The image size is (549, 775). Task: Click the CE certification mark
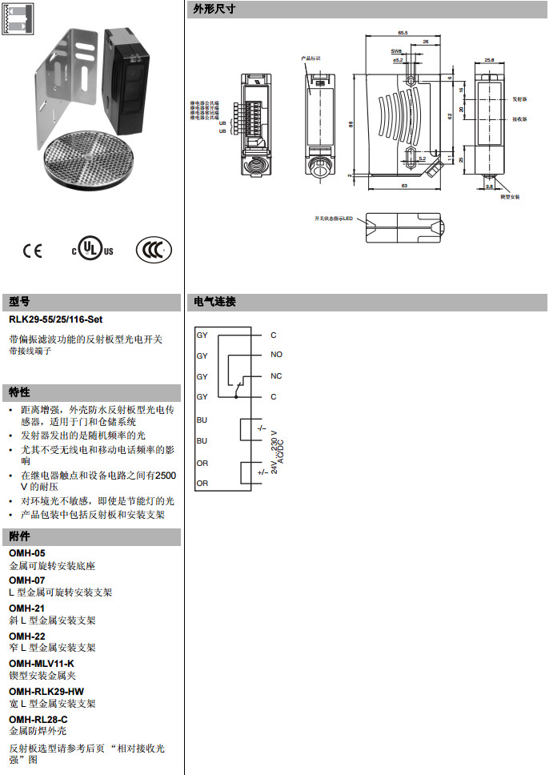click(x=33, y=251)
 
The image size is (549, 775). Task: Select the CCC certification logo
click(x=153, y=250)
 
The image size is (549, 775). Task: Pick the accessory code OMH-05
click(x=27, y=553)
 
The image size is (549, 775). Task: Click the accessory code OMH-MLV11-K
click(x=42, y=663)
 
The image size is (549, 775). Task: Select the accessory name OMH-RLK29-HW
click(x=46, y=691)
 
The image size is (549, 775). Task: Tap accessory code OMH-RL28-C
click(x=38, y=719)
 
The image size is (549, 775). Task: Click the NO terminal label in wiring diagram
click(x=276, y=355)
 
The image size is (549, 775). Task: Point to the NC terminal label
click(x=276, y=375)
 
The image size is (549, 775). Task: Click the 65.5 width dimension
click(x=402, y=32)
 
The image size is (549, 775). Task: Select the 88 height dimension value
click(x=351, y=124)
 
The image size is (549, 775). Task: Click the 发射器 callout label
click(x=519, y=99)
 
